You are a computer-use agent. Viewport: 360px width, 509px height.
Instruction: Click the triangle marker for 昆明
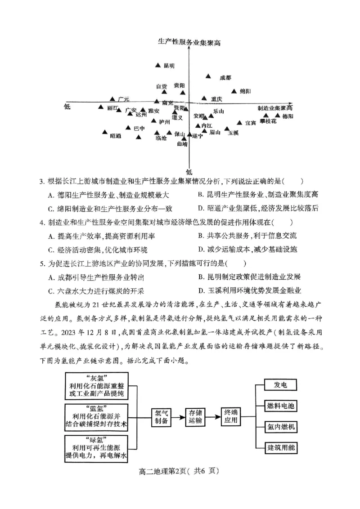(x=157, y=66)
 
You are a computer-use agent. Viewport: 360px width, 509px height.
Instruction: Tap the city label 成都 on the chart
(x=225, y=78)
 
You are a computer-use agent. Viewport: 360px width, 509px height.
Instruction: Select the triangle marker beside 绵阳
(x=234, y=91)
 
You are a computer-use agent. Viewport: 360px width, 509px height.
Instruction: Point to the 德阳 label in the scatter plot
(x=288, y=116)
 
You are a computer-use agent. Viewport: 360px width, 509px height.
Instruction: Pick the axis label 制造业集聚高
(x=275, y=108)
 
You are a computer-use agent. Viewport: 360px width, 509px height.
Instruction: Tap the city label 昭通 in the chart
(x=116, y=136)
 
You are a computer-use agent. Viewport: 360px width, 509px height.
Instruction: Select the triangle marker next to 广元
(x=112, y=98)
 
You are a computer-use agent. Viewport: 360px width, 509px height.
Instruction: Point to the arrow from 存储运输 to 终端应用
(x=214, y=416)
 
